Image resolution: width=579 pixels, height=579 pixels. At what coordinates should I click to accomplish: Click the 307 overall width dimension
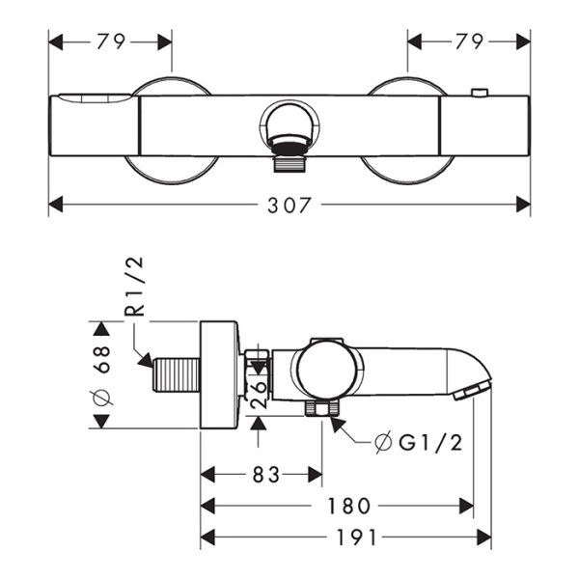pyautogui.click(x=289, y=205)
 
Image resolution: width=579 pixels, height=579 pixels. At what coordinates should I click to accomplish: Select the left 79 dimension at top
pyautogui.click(x=110, y=41)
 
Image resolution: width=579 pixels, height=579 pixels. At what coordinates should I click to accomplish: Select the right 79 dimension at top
pyautogui.click(x=469, y=41)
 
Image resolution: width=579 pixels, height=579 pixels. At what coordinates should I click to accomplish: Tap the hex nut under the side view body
pyautogui.click(x=316, y=409)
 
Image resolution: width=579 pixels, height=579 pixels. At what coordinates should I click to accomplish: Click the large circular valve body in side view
pyautogui.click(x=329, y=371)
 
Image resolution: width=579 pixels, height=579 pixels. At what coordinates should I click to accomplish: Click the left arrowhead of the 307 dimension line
pyautogui.click(x=55, y=205)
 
